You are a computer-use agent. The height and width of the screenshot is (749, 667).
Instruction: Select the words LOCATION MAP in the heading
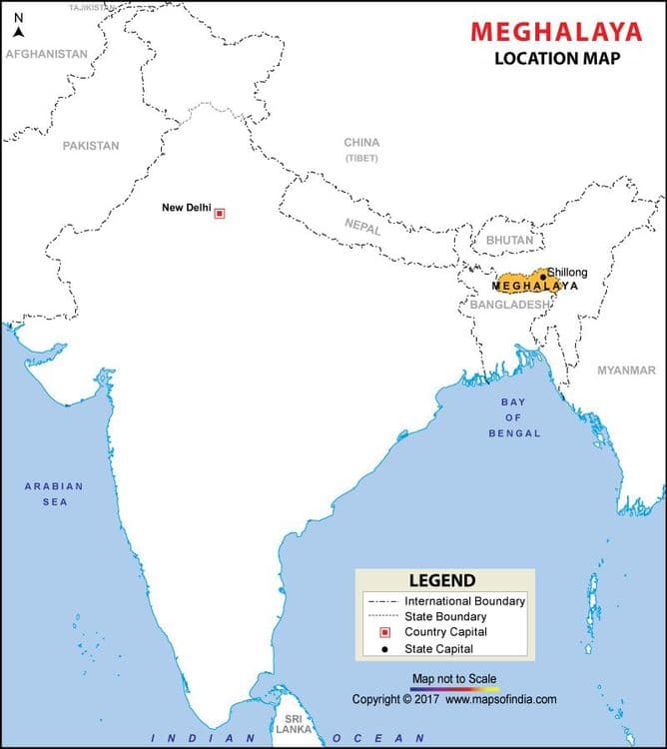pyautogui.click(x=557, y=58)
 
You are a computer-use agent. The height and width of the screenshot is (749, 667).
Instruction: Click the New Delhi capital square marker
pyautogui.click(x=220, y=213)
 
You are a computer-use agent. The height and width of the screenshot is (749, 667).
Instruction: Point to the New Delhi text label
pyautogui.click(x=186, y=208)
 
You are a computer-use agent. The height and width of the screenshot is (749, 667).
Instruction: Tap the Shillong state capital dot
pyautogui.click(x=543, y=277)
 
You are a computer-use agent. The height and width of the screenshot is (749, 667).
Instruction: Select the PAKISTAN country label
pyautogui.click(x=90, y=146)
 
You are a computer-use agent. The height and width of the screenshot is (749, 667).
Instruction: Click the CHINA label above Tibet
pyautogui.click(x=361, y=143)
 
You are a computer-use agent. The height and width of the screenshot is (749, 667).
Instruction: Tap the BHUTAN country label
pyautogui.click(x=509, y=241)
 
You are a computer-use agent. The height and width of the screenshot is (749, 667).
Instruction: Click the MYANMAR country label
pyautogui.click(x=626, y=371)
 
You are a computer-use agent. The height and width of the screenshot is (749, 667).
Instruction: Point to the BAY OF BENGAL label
pyautogui.click(x=514, y=417)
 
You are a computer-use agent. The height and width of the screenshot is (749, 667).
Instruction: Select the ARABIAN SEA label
pyautogui.click(x=54, y=493)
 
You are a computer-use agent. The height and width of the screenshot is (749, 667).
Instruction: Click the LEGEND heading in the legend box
pyautogui.click(x=442, y=580)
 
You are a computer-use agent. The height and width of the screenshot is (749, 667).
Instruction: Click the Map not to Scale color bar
pyautogui.click(x=454, y=688)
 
